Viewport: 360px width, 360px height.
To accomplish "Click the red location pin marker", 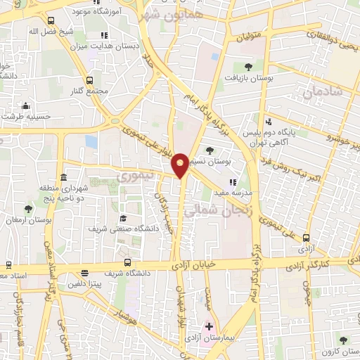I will pyautogui.click(x=181, y=165).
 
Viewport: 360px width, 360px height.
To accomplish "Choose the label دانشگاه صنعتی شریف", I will pyautogui.click(x=116, y=229).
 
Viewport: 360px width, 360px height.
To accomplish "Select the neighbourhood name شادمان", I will pyautogui.click(x=323, y=91).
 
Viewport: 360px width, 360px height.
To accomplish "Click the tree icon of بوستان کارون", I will pyautogui.click(x=343, y=340).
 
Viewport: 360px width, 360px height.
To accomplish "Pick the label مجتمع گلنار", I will pyautogui.click(x=89, y=91).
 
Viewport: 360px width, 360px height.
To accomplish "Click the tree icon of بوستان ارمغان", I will pyautogui.click(x=28, y=209).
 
